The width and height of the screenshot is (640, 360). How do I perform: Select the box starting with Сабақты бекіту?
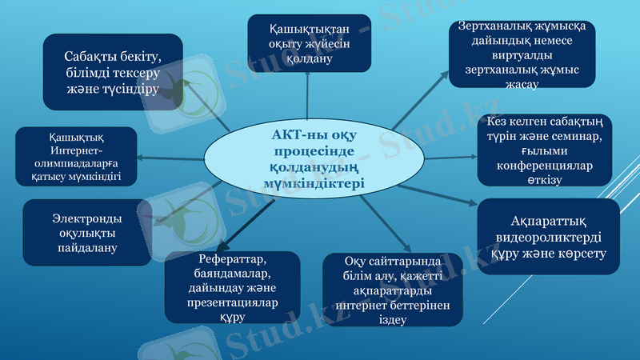click(x=112, y=72)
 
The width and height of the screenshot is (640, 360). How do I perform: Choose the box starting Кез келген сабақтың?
click(x=544, y=150)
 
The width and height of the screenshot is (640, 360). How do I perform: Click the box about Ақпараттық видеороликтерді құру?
click(x=549, y=237)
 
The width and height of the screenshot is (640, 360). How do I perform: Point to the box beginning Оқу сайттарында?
click(x=392, y=290)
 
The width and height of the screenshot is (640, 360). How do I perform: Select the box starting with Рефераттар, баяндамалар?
click(x=232, y=287)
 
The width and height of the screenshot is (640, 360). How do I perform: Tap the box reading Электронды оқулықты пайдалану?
click(x=87, y=232)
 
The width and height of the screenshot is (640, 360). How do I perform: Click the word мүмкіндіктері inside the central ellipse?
click(x=314, y=183)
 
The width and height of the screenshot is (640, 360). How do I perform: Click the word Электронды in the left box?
click(x=87, y=217)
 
